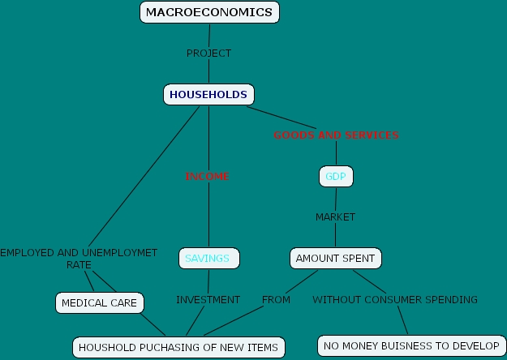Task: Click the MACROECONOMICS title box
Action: pos(210,12)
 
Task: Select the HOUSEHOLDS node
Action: pos(208,95)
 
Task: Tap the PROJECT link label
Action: pos(208,54)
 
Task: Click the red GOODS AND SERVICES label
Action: pos(336,135)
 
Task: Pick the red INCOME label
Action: pos(208,176)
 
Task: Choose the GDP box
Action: pos(336,176)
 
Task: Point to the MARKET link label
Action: pos(335,217)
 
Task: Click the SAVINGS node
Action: pos(208,259)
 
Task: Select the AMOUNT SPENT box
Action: pos(335,259)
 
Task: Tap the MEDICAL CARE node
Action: pos(100,303)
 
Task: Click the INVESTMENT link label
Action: pos(208,300)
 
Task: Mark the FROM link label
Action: pos(276,300)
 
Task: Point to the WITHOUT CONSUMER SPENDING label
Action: pos(395,300)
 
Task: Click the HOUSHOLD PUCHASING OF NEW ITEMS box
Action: pos(178,348)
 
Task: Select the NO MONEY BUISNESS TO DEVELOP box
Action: pos(411,346)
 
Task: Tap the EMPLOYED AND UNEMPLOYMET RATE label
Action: pos(79,259)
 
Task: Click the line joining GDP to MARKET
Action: pos(336,199)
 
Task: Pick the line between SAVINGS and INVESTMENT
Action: pos(208,281)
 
